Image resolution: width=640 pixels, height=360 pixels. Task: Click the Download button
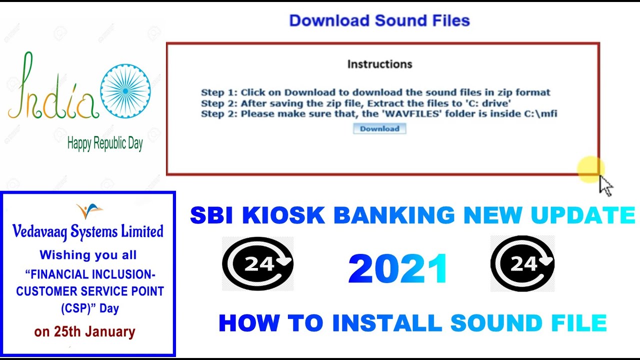(379, 129)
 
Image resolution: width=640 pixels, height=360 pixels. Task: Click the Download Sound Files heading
(379, 21)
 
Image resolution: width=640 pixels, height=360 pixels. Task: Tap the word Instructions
(379, 64)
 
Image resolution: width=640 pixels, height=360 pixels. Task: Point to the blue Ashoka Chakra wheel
(125, 91)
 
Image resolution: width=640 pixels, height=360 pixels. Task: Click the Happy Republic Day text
(105, 144)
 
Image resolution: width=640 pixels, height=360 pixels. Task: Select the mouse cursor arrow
(605, 185)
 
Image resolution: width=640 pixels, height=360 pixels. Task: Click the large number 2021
(398, 269)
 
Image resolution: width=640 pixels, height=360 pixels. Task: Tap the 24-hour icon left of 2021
(258, 264)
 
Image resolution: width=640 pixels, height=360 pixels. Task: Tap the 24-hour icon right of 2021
(522, 263)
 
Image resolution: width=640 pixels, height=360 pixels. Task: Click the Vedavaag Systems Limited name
(88, 231)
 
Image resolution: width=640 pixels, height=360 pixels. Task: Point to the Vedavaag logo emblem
(89, 210)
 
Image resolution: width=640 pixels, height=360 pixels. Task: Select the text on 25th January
(84, 332)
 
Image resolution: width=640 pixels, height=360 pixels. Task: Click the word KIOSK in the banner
(283, 215)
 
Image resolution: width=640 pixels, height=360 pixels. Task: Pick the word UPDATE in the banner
(583, 215)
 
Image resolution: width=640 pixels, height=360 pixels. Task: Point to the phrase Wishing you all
(88, 255)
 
